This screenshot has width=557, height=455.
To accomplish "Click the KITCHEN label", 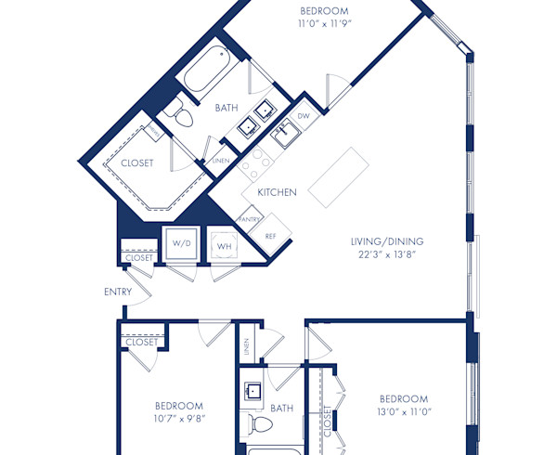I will (277, 193).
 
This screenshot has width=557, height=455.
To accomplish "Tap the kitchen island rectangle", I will (335, 177).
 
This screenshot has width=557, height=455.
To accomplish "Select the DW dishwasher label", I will (304, 117).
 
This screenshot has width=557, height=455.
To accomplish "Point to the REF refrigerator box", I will (271, 235).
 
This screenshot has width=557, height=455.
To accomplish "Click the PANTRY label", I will (249, 219).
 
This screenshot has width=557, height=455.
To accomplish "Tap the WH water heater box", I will (223, 246).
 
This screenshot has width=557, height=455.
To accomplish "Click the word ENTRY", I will (118, 292).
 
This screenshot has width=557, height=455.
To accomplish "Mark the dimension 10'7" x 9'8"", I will (178, 419).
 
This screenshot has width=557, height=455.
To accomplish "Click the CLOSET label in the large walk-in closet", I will (136, 163).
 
